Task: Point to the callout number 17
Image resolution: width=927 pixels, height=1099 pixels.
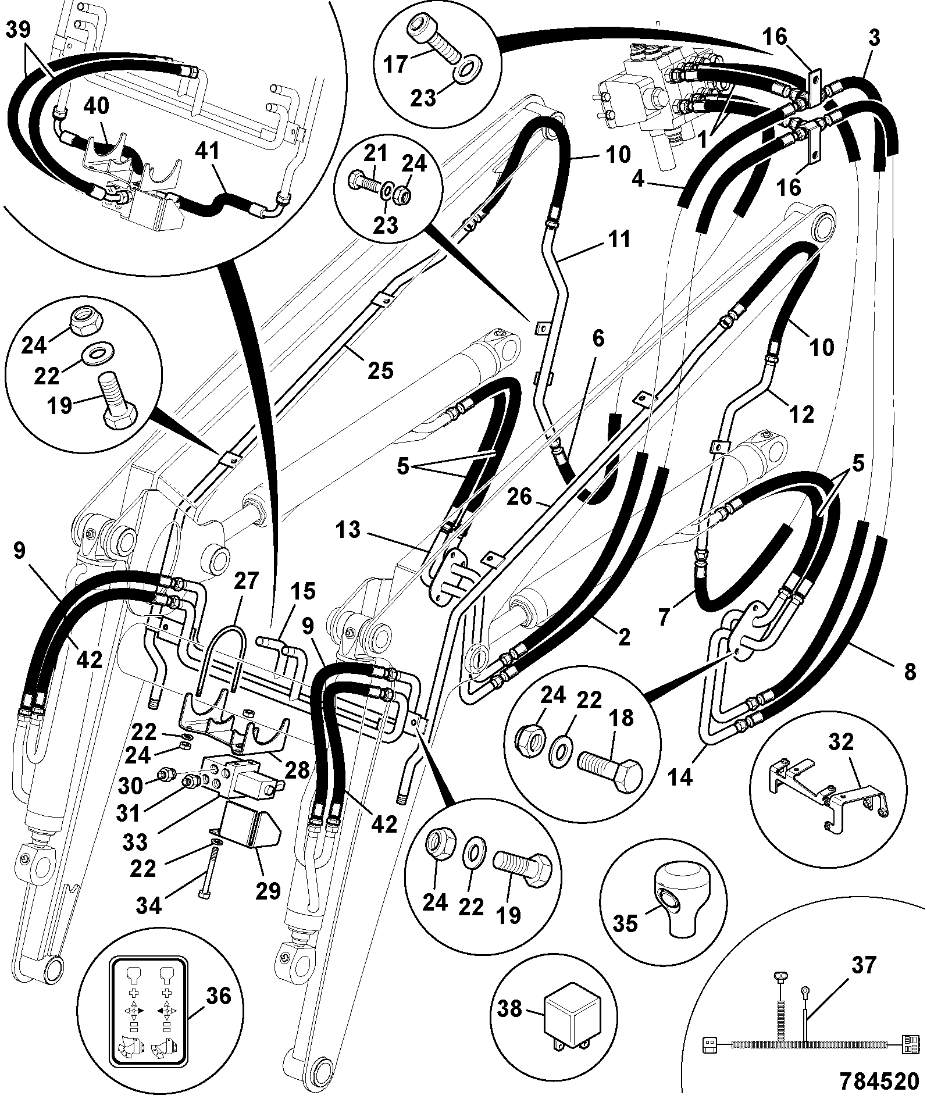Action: click(397, 64)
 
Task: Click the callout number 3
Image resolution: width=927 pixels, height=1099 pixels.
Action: click(874, 38)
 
